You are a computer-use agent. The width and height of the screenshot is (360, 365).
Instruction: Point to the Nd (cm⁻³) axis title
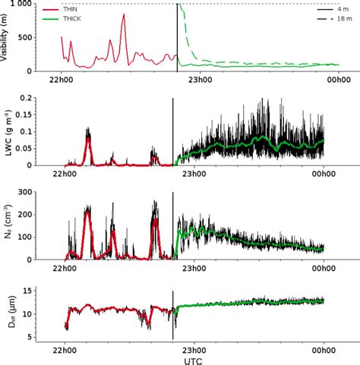[x=7, y=226]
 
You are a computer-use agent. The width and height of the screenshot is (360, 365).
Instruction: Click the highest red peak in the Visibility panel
[x=123, y=15]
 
